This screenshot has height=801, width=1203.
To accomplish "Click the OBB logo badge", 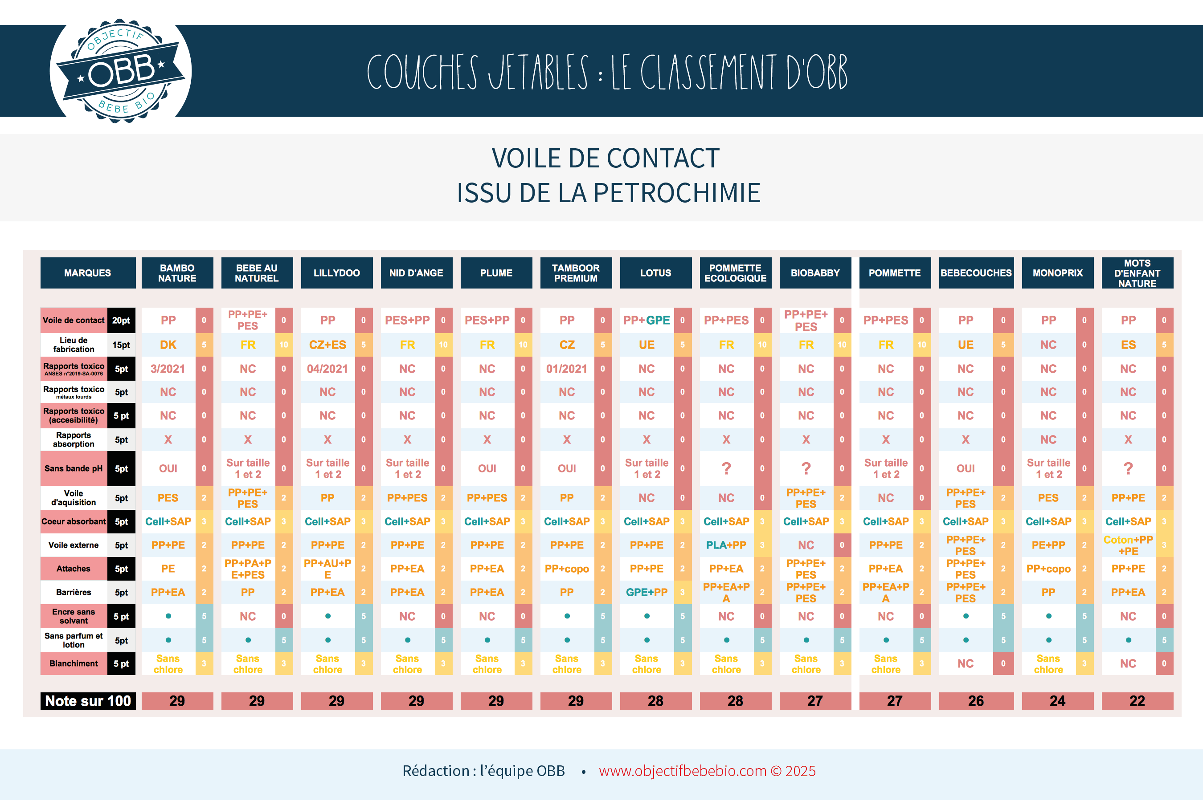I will tap(121, 71).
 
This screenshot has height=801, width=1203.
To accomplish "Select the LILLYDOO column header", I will tap(336, 273).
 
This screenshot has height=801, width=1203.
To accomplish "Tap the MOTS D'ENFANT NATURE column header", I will tap(1137, 273).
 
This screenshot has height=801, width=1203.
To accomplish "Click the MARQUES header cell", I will tap(87, 273).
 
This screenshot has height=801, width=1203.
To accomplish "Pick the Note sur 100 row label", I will tap(88, 701).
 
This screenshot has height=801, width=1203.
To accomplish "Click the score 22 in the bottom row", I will tap(1137, 701).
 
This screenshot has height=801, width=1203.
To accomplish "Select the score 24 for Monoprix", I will tap(1057, 701).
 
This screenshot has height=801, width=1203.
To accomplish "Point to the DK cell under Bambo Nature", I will tap(168, 345).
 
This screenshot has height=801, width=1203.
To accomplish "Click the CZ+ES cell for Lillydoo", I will tap(327, 345).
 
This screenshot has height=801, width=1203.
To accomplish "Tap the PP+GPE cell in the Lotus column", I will tap(647, 320).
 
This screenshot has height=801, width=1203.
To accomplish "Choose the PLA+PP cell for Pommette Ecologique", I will tap(726, 545).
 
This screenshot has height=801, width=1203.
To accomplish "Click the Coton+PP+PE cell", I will tap(1128, 545).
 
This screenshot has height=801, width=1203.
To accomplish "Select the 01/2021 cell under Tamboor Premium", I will tap(567, 369).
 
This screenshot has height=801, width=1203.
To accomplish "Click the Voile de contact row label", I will tap(74, 320).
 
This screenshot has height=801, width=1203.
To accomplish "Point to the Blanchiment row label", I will tap(74, 663).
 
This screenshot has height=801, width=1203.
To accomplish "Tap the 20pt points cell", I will tap(121, 320).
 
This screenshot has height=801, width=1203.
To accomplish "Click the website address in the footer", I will tap(682, 771).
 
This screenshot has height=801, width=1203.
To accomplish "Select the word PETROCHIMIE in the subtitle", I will tap(677, 193).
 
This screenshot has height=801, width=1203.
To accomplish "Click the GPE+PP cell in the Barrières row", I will tap(647, 593).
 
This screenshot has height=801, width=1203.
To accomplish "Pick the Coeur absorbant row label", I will tap(74, 521).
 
